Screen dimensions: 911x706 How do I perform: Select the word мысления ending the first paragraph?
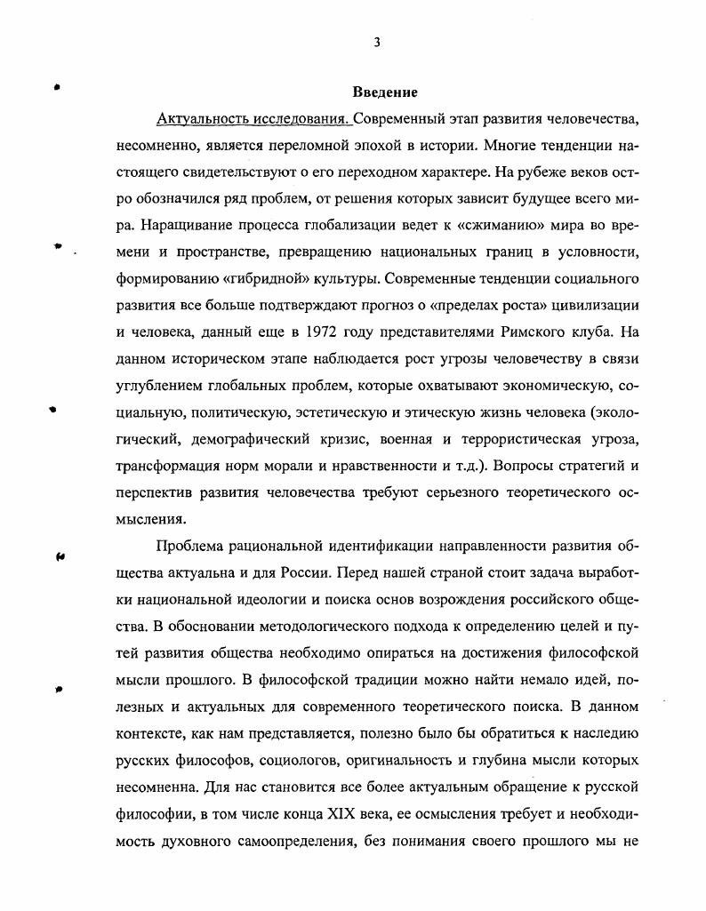150,518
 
